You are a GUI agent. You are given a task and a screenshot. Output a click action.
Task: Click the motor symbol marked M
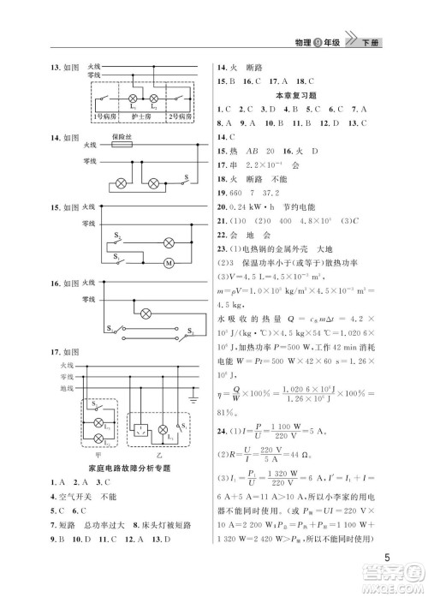click(169, 261)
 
